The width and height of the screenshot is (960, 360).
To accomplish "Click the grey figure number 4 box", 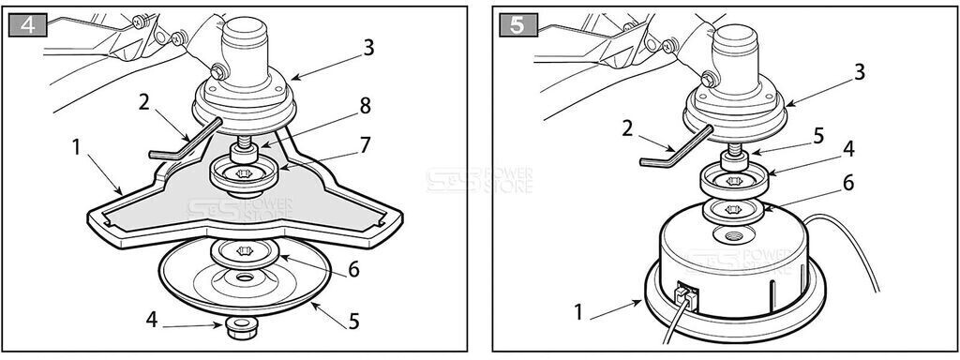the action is click(x=27, y=25).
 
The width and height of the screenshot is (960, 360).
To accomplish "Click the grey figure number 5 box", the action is click(x=518, y=25).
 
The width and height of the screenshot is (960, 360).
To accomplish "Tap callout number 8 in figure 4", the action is click(x=366, y=107).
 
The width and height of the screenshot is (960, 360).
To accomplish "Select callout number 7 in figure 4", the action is click(x=366, y=146).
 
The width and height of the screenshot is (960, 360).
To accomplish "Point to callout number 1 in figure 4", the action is click(x=76, y=148).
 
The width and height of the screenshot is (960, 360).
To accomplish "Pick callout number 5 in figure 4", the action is click(x=353, y=321).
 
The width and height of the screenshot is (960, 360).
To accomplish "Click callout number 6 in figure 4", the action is click(x=353, y=270).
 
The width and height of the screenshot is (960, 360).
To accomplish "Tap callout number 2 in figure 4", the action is click(x=143, y=102).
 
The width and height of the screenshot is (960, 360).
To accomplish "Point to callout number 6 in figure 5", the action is click(x=848, y=183).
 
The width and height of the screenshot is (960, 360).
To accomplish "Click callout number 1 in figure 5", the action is click(x=578, y=312).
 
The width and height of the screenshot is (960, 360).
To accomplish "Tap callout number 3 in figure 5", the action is click(x=860, y=72).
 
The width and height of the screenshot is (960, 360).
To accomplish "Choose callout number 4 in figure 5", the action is click(x=848, y=150).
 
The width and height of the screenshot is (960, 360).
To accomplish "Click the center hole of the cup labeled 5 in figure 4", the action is click(x=245, y=278).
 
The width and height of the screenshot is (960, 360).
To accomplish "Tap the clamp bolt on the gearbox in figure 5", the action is click(x=709, y=80).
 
